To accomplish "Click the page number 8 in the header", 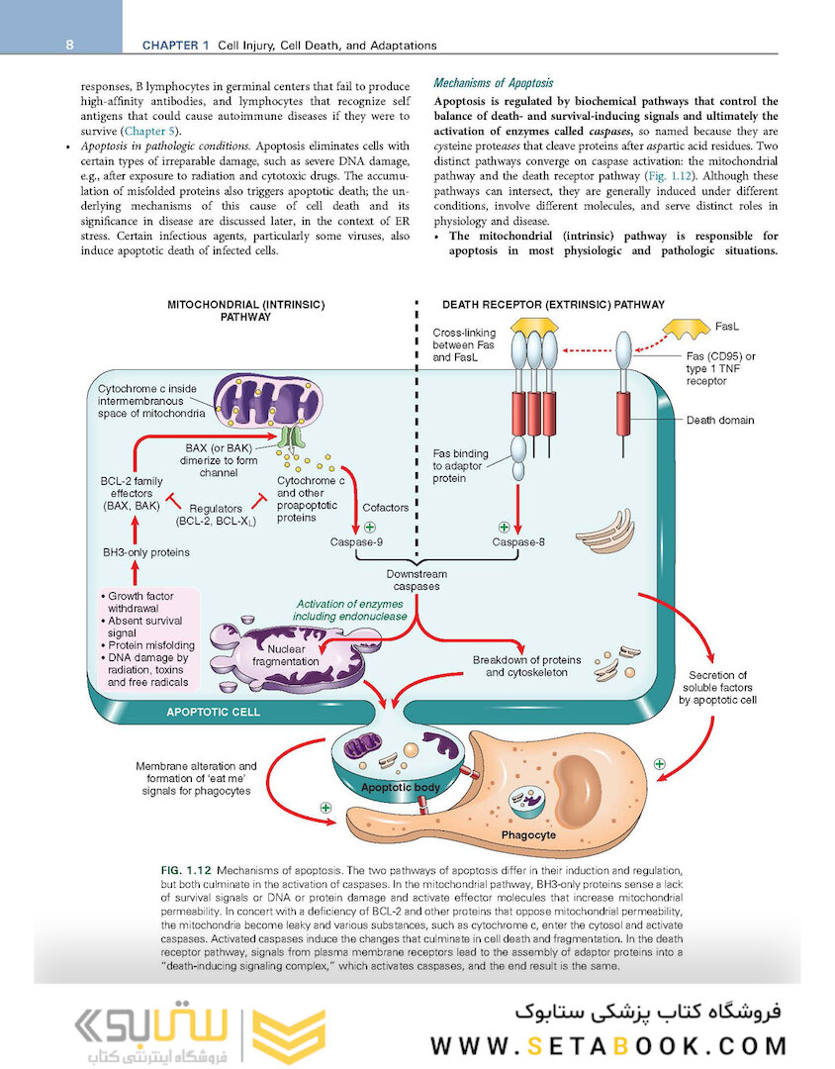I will coord(70,45).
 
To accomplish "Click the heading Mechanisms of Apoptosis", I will coord(494,83).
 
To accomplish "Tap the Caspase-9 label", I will coord(358,542).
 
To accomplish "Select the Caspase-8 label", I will coord(518,542).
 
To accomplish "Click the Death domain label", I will coord(720,420).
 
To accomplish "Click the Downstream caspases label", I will coord(417,580).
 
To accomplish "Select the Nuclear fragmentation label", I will coord(285,654).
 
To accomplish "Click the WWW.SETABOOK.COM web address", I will coord(608,1045).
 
